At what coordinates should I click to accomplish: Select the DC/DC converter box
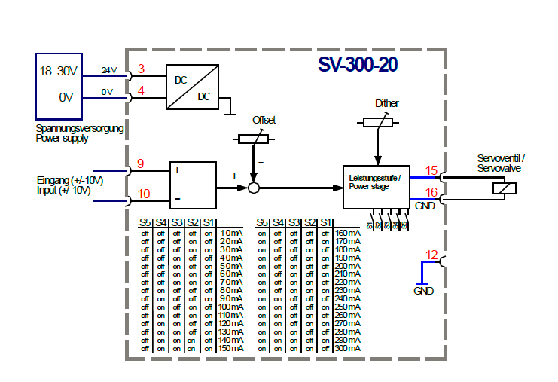pyautogui.click(x=192, y=87)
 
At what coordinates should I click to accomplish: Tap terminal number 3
pyautogui.click(x=141, y=69)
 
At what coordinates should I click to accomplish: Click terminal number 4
pyautogui.click(x=141, y=92)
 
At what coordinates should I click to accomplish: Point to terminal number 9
pyautogui.click(x=141, y=164)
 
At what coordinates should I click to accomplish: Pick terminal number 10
pyautogui.click(x=143, y=194)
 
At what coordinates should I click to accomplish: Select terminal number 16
pyautogui.click(x=431, y=193)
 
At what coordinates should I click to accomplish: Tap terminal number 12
pyautogui.click(x=431, y=255)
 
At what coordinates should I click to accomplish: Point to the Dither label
pyautogui.click(x=386, y=103)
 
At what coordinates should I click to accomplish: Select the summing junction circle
pyautogui.click(x=254, y=188)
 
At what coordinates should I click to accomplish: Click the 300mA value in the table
pyautogui.click(x=348, y=348)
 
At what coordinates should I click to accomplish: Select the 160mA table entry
pyautogui.click(x=348, y=233)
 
